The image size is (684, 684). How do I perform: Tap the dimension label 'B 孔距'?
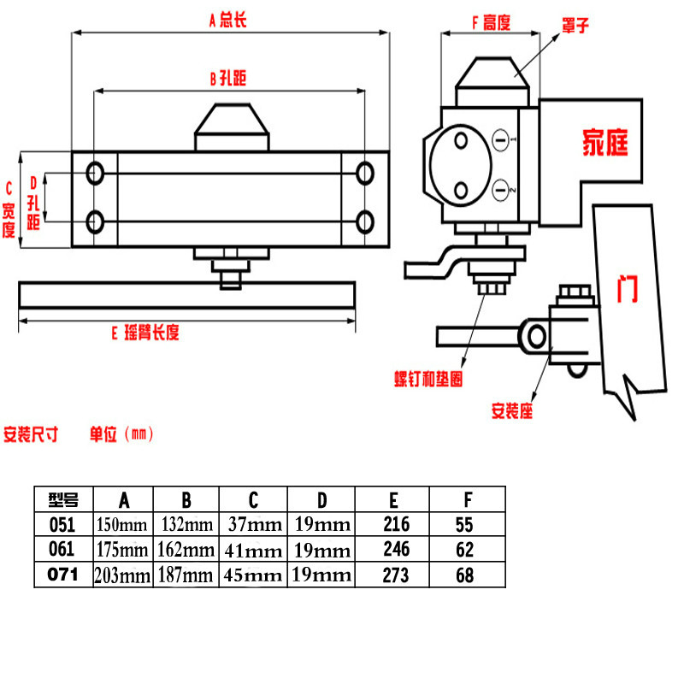tap(227, 78)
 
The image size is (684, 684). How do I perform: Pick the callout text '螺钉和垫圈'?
tap(428, 379)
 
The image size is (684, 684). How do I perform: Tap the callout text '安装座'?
tap(512, 410)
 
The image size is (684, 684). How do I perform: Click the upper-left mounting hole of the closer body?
tap(96, 174)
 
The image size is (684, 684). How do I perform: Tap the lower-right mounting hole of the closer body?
tap(365, 223)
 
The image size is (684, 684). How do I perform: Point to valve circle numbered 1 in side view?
tap(502, 137)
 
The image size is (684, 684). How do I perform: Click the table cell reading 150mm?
tap(122, 524)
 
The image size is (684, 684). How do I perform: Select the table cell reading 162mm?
tap(186, 550)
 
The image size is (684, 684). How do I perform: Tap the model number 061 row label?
tap(62, 549)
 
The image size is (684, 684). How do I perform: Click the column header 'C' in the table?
tap(253, 499)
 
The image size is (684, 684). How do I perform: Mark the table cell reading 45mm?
tap(253, 575)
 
